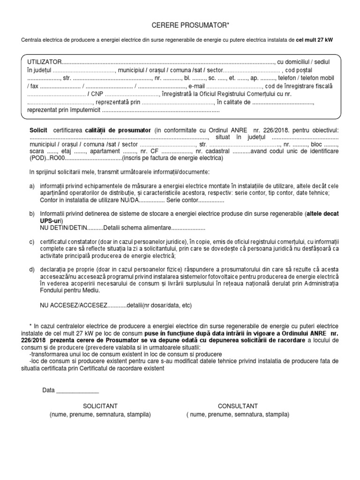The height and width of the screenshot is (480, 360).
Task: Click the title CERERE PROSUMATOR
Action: [180, 24]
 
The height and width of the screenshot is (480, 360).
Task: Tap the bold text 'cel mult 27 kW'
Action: [315, 40]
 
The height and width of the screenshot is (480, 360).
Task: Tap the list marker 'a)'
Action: [32, 186]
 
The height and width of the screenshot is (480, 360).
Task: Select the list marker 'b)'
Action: [32, 214]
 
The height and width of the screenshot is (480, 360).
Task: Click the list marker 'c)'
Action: [32, 241]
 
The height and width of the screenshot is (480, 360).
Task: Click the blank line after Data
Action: [77, 390]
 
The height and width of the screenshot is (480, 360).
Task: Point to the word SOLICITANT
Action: [100, 406]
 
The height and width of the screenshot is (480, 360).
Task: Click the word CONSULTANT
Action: [238, 406]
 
